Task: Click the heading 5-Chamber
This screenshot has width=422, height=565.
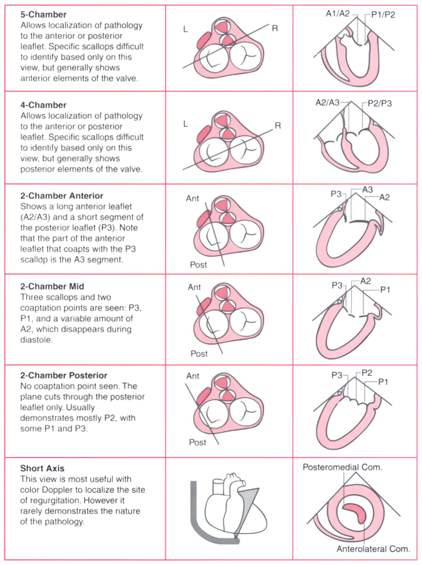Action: pyautogui.click(x=43, y=15)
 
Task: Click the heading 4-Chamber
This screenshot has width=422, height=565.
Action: pyautogui.click(x=43, y=106)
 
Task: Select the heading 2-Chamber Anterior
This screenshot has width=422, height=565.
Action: pyautogui.click(x=62, y=196)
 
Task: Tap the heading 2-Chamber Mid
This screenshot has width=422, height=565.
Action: pyautogui.click(x=52, y=286)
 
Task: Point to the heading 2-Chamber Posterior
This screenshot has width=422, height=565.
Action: pyautogui.click(x=64, y=375)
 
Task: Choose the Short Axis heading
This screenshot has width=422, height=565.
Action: pyautogui.click(x=43, y=468)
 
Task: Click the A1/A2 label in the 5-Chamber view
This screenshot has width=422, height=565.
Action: pyautogui.click(x=338, y=14)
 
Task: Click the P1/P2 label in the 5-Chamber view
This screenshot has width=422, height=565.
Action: pyautogui.click(x=383, y=14)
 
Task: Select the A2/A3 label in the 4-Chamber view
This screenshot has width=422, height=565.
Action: pyautogui.click(x=327, y=103)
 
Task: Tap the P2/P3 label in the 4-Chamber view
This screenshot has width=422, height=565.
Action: pyautogui.click(x=380, y=104)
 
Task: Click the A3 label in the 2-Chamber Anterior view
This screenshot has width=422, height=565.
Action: pyautogui.click(x=367, y=190)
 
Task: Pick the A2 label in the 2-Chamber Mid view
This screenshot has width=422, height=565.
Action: pyautogui.click(x=365, y=281)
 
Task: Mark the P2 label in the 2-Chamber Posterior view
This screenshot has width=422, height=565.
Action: pyautogui.click(x=367, y=373)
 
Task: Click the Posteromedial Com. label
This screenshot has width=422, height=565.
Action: pyautogui.click(x=342, y=467)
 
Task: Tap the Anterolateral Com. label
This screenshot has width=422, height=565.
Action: pyautogui.click(x=373, y=549)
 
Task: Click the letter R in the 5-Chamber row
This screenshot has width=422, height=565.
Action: pyautogui.click(x=275, y=28)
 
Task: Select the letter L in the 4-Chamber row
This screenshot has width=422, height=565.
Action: pyautogui.click(x=186, y=124)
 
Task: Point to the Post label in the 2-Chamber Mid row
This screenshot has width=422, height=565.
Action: pyautogui.click(x=199, y=354)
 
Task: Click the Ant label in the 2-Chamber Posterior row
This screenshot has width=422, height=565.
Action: pyautogui.click(x=193, y=376)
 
